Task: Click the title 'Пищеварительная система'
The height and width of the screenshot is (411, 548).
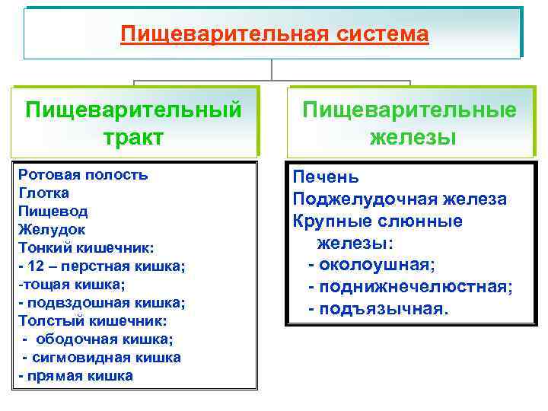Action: pos(274,34)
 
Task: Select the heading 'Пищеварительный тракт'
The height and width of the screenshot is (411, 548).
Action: pos(134,123)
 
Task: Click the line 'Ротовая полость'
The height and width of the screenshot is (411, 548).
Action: pos(83,175)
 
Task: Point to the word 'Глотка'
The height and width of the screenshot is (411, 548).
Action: pos(43,193)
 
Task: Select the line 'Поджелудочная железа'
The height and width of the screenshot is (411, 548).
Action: pos(400,199)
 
